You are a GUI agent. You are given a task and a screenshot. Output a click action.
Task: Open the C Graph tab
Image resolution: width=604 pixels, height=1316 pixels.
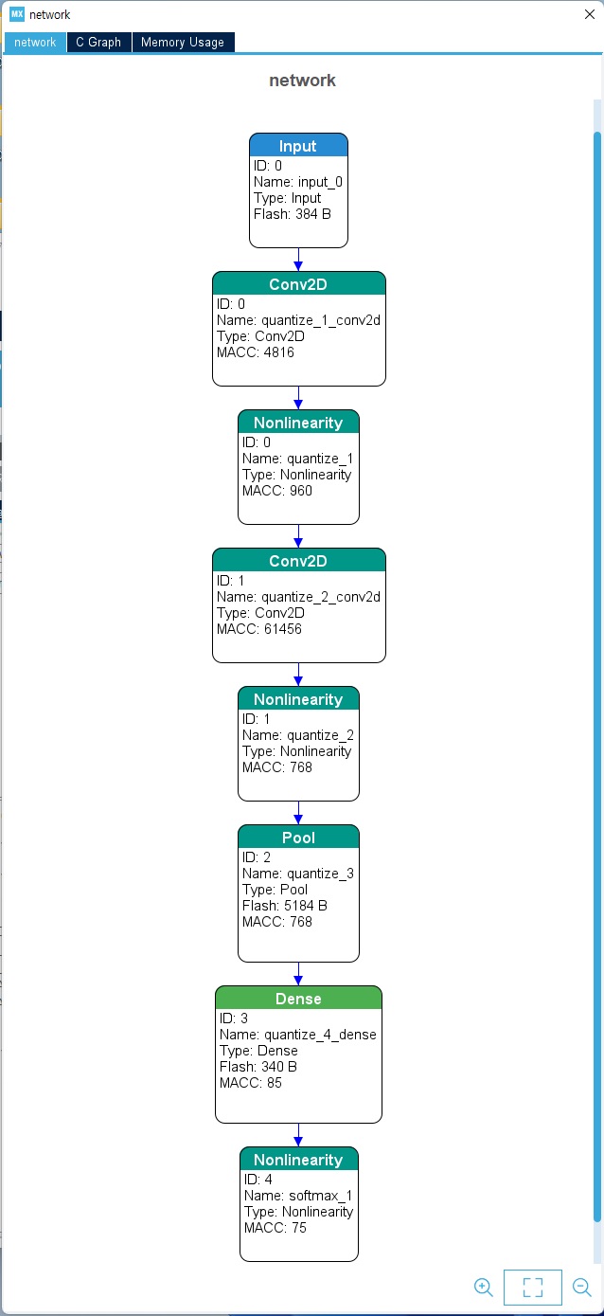tap(98, 43)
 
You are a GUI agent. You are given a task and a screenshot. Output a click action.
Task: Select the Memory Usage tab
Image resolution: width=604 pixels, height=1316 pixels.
tap(183, 43)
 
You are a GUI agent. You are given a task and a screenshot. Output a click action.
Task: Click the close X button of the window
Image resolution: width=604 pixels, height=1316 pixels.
tap(589, 14)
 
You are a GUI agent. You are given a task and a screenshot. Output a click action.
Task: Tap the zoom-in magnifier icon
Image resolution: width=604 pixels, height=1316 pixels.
tap(483, 1287)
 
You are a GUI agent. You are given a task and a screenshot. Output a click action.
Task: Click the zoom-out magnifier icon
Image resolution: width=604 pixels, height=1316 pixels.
tap(581, 1287)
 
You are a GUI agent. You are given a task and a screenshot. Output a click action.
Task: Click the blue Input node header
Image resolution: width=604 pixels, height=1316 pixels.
tap(298, 146)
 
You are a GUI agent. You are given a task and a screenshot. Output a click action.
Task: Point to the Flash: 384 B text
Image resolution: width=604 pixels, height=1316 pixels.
tap(293, 214)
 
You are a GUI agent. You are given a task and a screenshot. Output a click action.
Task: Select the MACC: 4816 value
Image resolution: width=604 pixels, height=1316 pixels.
tap(256, 352)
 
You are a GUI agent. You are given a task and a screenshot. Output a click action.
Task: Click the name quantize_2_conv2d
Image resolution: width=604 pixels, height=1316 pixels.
tap(321, 597)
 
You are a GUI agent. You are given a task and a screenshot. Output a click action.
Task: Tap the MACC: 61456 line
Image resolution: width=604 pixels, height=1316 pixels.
tap(258, 629)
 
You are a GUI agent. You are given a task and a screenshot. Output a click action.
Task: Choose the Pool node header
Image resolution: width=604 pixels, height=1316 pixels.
tap(298, 838)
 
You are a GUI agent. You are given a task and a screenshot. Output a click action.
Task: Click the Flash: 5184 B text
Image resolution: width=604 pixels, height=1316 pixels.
tap(285, 906)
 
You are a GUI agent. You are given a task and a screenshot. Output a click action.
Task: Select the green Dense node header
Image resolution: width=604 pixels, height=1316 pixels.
tap(298, 999)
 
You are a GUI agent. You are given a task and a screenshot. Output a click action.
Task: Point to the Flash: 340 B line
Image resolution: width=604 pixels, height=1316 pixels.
tap(258, 1067)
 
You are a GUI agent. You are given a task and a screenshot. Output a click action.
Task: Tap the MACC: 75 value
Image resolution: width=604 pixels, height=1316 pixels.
tap(275, 1228)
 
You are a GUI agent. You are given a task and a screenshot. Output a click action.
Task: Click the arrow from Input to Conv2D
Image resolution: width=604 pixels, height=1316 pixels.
tap(298, 260)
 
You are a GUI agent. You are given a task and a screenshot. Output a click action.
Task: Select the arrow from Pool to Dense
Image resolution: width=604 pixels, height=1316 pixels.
tap(298, 974)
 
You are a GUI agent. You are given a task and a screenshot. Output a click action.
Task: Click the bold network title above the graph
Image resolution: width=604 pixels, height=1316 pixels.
tap(302, 81)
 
